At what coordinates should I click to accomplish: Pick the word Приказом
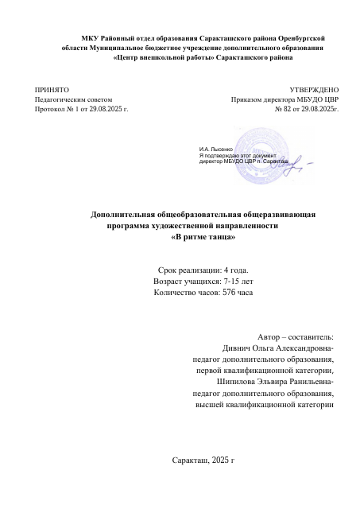coord(247,99)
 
